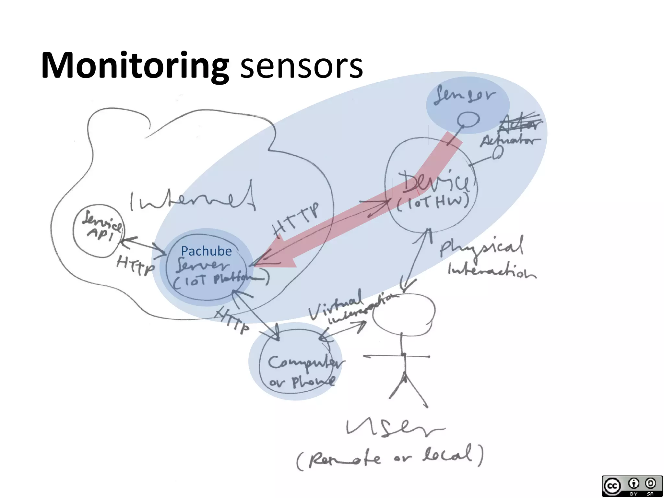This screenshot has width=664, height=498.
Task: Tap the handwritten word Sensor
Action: coord(466,95)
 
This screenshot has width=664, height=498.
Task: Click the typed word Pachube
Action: coord(206,251)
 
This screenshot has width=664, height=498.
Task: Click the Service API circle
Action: coord(98,231)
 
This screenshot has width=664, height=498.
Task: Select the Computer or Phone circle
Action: coord(297,363)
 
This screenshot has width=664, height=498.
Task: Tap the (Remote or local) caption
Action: coord(389,457)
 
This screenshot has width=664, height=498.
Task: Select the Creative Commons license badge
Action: coord(632,485)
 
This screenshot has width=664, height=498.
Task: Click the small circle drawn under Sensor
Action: coord(468,120)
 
